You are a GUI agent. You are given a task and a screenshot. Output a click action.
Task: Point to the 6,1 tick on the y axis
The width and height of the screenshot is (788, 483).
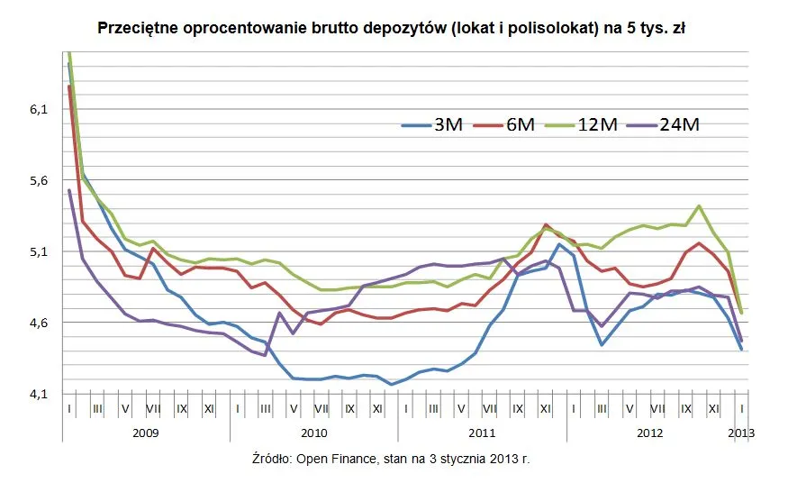pos(38,110)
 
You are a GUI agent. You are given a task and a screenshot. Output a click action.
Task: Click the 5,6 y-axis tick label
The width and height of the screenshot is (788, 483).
pos(38,181)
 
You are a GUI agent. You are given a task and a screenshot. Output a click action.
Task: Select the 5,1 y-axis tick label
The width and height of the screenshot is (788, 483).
pos(38,252)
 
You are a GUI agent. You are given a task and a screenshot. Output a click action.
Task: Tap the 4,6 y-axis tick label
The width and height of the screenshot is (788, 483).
pos(38,323)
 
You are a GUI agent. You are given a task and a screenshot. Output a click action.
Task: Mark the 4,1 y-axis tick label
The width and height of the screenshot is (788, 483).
pos(38,394)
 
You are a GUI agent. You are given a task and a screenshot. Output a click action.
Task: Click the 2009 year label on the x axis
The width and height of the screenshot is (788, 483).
pos(145,433)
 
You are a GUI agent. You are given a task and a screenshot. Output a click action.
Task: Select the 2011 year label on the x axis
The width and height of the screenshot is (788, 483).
pos(483,433)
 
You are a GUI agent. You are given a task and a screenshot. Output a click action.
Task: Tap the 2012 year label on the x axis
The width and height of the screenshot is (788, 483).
pos(651,433)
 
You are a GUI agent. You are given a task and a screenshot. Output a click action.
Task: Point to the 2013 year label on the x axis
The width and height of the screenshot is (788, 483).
pos(741,433)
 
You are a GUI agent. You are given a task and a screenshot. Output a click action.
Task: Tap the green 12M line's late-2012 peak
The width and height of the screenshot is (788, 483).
pos(699,206)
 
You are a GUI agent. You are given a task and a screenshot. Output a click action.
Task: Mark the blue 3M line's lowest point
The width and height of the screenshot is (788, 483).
pos(392,384)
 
